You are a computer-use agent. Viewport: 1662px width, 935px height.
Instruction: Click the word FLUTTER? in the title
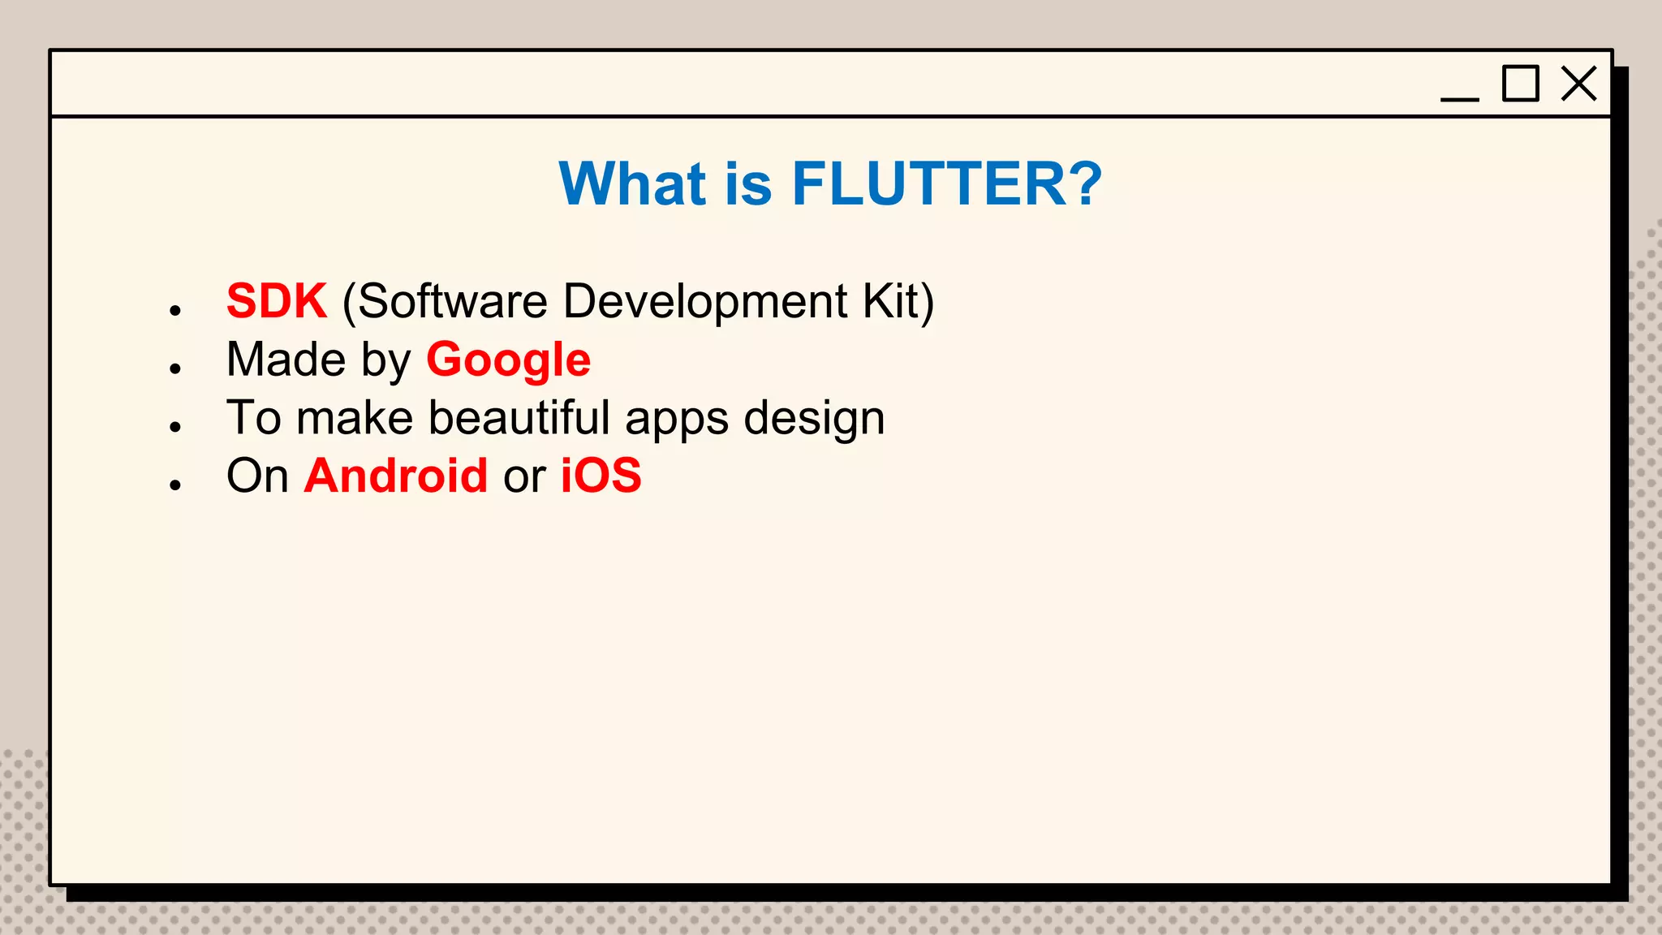[946, 183]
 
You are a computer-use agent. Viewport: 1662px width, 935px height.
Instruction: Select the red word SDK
[277, 301]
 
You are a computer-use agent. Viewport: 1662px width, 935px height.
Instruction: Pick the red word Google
[508, 360]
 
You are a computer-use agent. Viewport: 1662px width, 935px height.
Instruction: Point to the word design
[814, 419]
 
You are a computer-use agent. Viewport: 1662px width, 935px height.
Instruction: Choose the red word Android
[396, 476]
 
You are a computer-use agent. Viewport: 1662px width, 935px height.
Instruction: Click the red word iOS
[601, 476]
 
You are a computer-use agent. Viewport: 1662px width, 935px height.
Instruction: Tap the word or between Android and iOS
[524, 477]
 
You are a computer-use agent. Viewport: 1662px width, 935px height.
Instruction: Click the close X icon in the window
[1578, 84]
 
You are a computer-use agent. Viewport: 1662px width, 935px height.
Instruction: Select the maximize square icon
[1520, 84]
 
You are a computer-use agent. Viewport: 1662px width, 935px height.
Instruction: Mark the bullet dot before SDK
[175, 310]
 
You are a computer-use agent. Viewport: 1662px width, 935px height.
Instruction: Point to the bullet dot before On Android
[175, 485]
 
